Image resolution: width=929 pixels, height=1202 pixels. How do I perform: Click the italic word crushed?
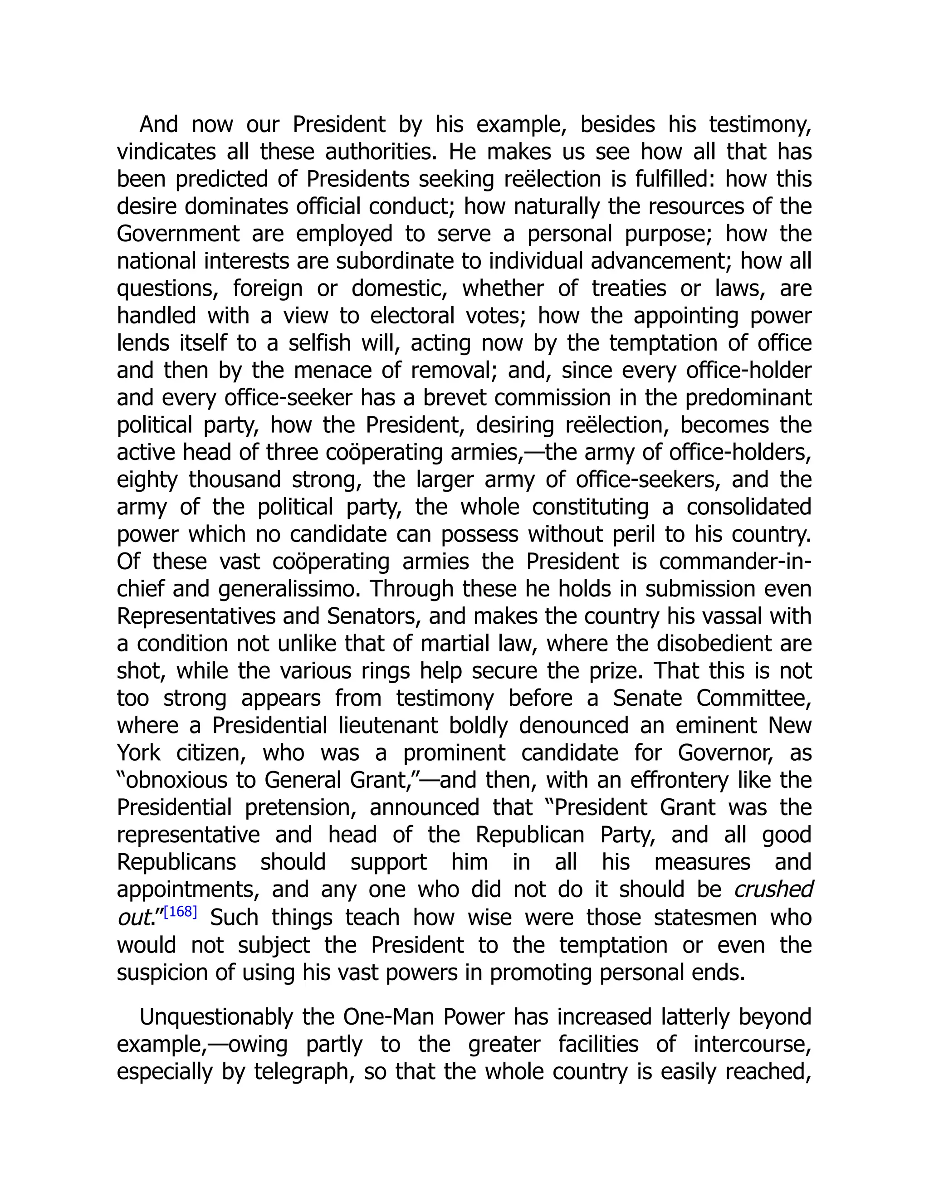773,889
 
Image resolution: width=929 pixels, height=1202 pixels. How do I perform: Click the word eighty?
147,479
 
